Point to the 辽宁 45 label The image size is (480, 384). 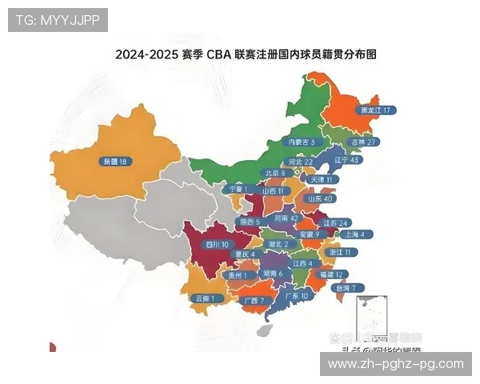(346, 160)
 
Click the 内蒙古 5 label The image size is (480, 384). (302, 142)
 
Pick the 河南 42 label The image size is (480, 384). (286, 218)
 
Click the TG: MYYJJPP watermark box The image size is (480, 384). (58, 20)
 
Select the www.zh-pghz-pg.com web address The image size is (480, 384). (396, 364)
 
